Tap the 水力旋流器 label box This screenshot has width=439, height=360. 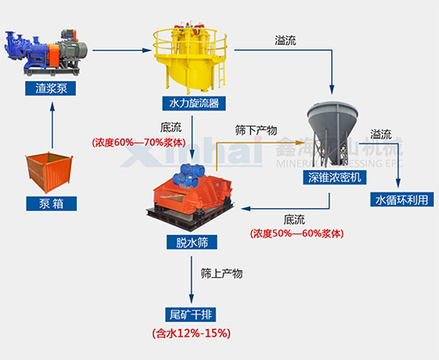191,104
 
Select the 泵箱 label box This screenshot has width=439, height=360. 57,204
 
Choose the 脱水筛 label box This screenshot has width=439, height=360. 191,243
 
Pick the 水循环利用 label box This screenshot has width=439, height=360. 401,200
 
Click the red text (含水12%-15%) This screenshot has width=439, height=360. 191,332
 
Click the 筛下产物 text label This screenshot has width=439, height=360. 255,129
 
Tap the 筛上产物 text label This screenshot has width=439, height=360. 222,274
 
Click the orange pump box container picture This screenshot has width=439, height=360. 56,171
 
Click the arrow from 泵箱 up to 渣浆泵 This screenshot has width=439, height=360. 56,124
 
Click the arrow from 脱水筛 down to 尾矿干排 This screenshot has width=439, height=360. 191,276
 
